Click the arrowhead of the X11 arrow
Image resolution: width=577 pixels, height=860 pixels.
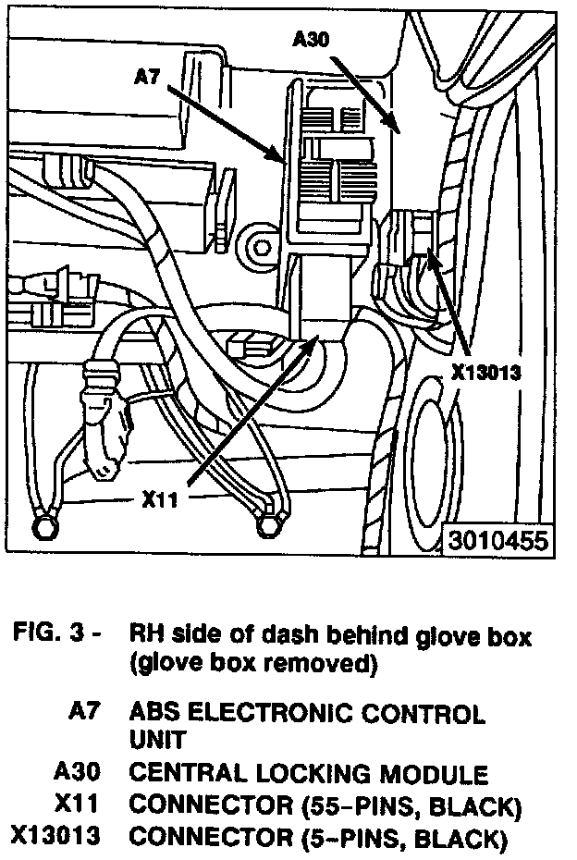pyautogui.click(x=317, y=343)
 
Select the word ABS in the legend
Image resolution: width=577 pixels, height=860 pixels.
pyautogui.click(x=154, y=714)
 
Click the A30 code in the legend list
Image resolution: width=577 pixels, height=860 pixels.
pyautogui.click(x=79, y=773)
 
